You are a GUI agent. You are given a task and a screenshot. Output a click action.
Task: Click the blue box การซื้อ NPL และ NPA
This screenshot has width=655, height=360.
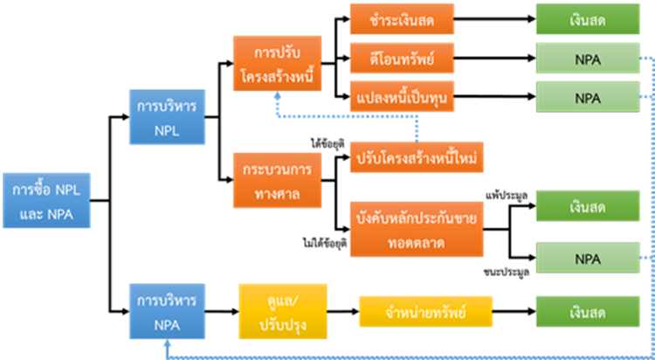(x=44, y=202)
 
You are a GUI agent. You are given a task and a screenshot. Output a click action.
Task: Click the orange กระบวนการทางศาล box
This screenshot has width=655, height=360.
(x=281, y=180)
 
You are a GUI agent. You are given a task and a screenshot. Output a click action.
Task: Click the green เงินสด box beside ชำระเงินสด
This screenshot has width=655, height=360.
(x=586, y=19)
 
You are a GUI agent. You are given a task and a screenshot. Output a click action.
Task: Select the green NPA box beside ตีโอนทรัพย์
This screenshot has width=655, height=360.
(x=586, y=59)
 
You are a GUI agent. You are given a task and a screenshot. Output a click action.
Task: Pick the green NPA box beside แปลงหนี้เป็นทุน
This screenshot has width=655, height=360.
(x=586, y=98)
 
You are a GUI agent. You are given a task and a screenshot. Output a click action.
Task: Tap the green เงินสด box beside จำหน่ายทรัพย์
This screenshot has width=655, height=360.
(x=586, y=312)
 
